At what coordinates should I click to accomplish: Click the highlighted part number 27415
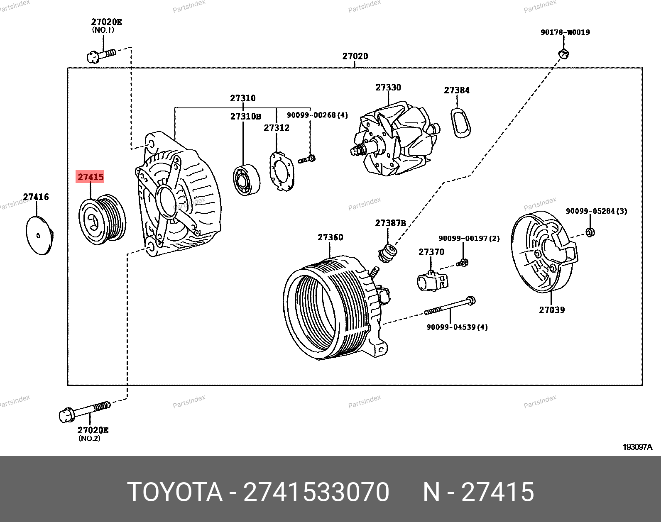point(90,177)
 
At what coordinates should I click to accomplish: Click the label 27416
point(36,197)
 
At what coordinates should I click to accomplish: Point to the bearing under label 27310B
point(247,180)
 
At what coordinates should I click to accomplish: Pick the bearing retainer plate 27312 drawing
point(282,171)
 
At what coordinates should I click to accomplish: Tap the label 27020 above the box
point(355,56)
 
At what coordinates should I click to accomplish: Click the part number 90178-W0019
point(565,32)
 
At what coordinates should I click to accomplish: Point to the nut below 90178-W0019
point(563,54)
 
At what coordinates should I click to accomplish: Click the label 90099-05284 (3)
point(596,211)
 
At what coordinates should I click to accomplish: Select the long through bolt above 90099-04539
point(450,307)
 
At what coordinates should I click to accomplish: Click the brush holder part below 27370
point(432,281)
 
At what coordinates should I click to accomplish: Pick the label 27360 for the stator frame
point(330,237)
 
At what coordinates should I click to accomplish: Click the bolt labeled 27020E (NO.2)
point(85,411)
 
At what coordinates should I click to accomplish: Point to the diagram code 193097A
point(637,447)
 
